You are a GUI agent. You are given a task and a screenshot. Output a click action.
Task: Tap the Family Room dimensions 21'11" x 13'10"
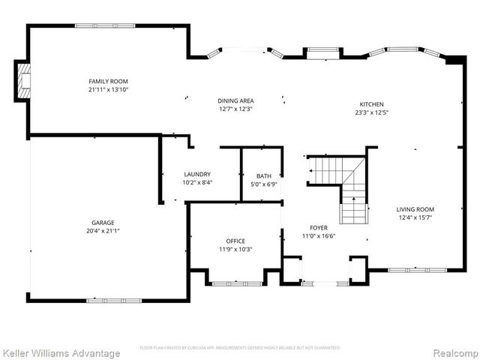click(108, 89)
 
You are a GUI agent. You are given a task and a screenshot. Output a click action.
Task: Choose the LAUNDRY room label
click(197, 174)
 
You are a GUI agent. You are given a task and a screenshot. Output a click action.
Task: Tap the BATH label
click(263, 176)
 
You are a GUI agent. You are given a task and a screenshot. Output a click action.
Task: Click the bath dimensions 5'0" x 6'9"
click(263, 184)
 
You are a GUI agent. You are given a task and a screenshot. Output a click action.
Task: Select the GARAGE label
click(103, 223)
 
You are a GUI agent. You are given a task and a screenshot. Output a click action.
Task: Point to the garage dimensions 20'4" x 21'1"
click(103, 231)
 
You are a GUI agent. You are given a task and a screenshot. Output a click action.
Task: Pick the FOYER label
click(319, 227)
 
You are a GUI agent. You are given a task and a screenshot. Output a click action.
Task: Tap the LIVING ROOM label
click(416, 209)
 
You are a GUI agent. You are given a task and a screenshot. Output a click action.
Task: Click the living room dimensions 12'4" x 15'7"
click(416, 217)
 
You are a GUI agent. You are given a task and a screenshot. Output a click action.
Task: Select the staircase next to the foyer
click(341, 184)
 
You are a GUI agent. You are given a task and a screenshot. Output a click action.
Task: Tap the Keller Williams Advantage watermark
click(61, 352)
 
